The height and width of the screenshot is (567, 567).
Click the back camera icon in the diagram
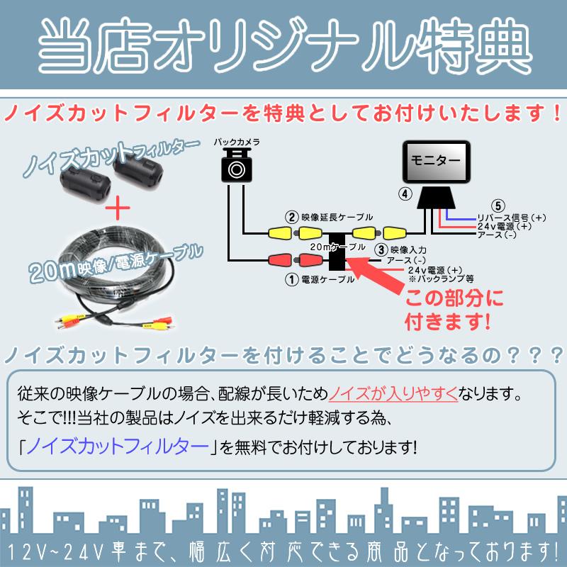pyautogui.click(x=236, y=166)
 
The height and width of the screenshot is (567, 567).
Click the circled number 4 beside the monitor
pyautogui.click(x=404, y=193)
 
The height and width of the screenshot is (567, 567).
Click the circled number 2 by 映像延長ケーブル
pyautogui.click(x=291, y=217)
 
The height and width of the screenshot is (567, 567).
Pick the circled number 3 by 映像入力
pyautogui.click(x=381, y=249)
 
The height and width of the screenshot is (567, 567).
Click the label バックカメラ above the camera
pyautogui.click(x=237, y=142)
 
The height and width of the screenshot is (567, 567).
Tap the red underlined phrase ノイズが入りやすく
pyautogui.click(x=394, y=392)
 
